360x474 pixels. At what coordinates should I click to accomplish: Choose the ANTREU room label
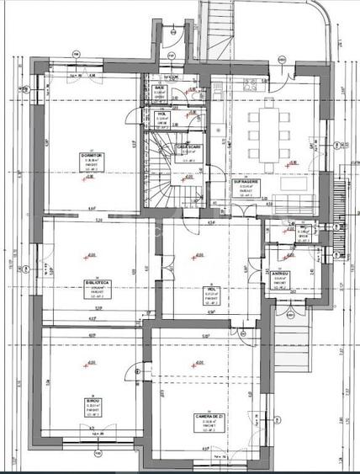(280, 274)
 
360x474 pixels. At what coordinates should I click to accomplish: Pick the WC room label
(301, 226)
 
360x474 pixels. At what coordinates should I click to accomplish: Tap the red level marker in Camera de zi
(196, 365)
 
